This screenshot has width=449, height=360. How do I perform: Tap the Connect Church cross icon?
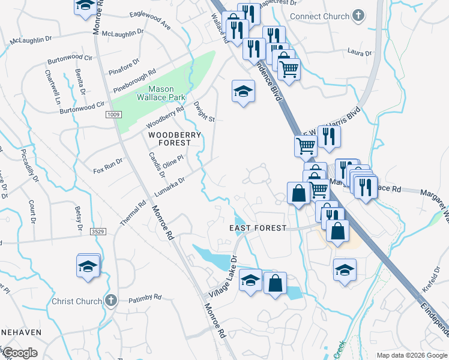tap(358, 16)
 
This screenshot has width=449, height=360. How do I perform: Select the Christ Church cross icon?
tap(110, 301)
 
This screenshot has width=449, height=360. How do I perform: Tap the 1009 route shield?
tap(113, 114)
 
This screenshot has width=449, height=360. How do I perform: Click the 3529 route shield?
tap(98, 231)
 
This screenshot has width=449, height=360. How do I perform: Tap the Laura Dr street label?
tap(360, 53)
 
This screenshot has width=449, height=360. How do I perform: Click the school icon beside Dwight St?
tap(243, 92)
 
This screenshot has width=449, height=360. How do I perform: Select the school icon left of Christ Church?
tap(88, 266)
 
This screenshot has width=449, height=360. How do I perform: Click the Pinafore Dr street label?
tap(124, 65)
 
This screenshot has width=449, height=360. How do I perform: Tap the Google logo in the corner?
tap(20, 353)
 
